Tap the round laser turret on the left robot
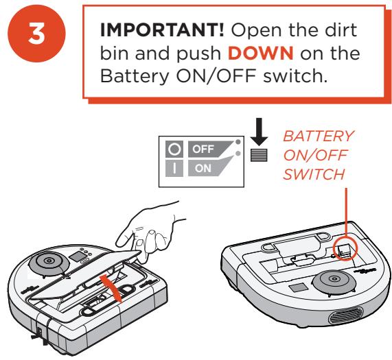51,263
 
